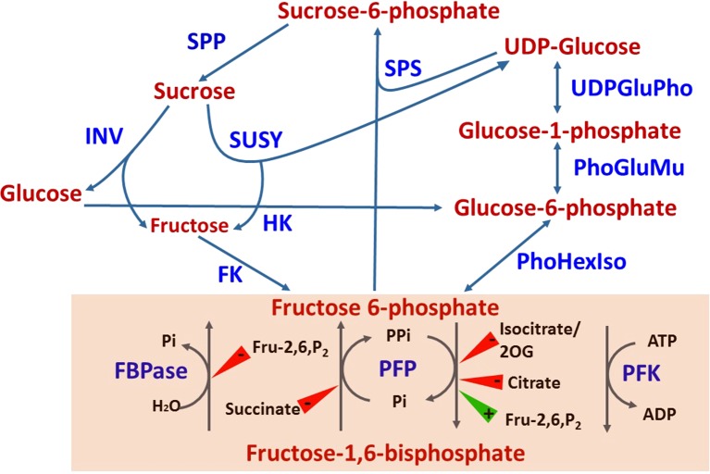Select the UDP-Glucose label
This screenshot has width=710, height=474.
(571, 45)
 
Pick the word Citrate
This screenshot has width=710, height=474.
(527, 381)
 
